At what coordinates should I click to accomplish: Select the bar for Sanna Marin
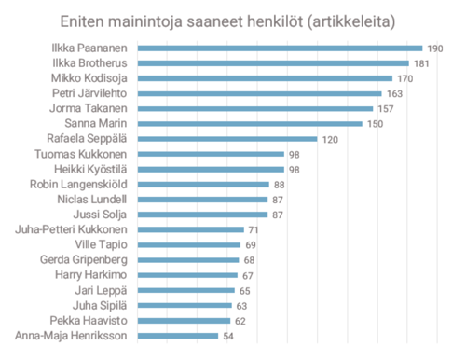pyautogui.click(x=253, y=123)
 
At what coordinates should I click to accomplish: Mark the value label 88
pyautogui.click(x=280, y=185)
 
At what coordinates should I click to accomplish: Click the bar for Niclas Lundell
pyautogui.click(x=202, y=200)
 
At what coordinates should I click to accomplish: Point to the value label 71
pyautogui.click(x=253, y=229)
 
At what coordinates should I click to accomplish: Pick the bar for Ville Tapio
pyautogui.click(x=187, y=244)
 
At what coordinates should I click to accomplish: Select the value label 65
pyautogui.click(x=244, y=290)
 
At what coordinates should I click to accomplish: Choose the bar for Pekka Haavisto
pyautogui.click(x=183, y=320)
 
